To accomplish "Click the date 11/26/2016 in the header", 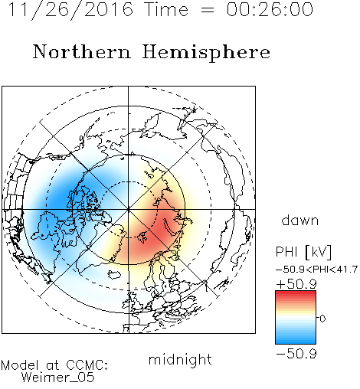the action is [70, 9].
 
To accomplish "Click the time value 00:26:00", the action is [270, 9].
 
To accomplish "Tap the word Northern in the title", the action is [82, 51].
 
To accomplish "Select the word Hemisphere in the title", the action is [206, 53].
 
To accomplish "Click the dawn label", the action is [300, 220].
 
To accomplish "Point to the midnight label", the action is [180, 359].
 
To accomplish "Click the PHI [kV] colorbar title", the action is [303, 252].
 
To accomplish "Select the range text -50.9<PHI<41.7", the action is [316, 270].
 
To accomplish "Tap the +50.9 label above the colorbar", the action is [296, 284].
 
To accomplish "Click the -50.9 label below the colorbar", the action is [296, 354].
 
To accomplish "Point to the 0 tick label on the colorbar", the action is [322, 319].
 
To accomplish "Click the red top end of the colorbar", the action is [296, 293].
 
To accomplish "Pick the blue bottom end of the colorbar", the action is [296, 342].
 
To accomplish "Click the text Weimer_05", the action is [58, 378].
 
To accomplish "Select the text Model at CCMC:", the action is [54, 365].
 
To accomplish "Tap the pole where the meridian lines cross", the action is [129, 210].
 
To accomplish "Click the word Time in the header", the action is [166, 9].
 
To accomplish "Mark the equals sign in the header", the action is [208, 10].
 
